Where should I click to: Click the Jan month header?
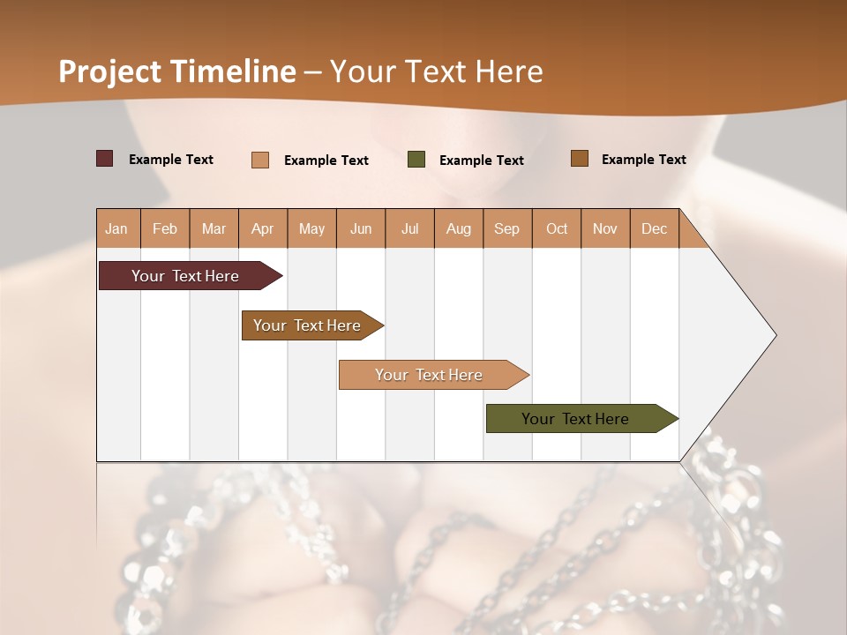(116, 228)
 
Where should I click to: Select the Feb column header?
(165, 228)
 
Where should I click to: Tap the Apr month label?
(262, 228)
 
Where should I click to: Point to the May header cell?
(311, 228)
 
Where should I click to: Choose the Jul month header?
(409, 228)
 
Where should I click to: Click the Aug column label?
(458, 228)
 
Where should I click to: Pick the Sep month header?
(506, 228)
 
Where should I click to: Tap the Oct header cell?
(557, 228)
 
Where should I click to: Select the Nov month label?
(605, 228)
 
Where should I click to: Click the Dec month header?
(654, 228)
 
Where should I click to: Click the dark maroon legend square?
(105, 159)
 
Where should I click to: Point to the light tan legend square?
(260, 160)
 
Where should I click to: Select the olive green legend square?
(416, 160)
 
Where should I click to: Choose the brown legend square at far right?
(580, 159)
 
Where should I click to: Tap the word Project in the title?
(110, 71)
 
